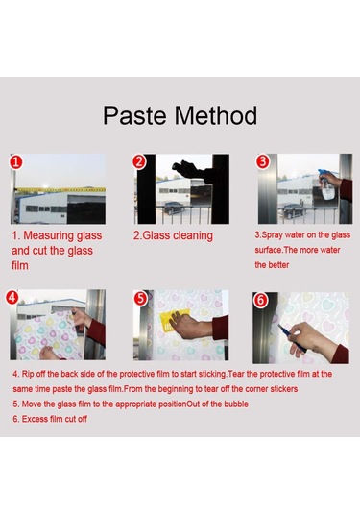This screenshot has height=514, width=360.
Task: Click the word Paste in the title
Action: tap(135, 115)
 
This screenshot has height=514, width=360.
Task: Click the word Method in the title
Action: tap(216, 115)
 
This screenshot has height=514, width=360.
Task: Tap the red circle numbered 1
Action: tap(16, 162)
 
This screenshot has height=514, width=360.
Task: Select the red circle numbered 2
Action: tap(139, 162)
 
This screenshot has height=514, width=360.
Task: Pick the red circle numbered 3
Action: tap(263, 161)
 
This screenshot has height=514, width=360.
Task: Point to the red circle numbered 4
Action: tap(12, 297)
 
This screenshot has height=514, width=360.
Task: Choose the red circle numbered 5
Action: tap(140, 298)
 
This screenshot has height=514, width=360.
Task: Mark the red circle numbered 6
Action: tap(260, 300)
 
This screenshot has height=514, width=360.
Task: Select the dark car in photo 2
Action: tap(175, 208)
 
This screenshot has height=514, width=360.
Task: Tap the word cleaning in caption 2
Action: tap(193, 235)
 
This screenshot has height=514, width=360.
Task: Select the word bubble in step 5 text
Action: tap(236, 404)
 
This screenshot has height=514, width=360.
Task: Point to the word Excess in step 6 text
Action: tap(35, 419)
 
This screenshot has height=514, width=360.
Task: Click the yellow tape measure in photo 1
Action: tap(60, 190)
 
